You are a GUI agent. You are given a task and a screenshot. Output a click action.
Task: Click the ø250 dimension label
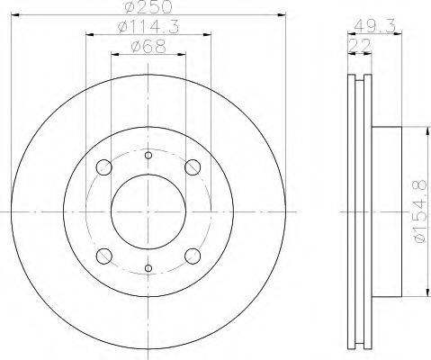pyautogui.click(x=148, y=6)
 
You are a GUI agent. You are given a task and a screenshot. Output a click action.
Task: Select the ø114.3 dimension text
pyautogui.click(x=148, y=27)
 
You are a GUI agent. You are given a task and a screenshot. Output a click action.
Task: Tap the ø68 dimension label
pyautogui.click(x=148, y=47)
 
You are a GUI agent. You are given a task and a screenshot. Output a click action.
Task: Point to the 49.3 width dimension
pyautogui.click(x=374, y=26)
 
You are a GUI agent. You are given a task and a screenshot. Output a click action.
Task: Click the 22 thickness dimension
pyautogui.click(x=360, y=46)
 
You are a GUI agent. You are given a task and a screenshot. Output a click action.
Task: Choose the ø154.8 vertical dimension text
pyautogui.click(x=418, y=211)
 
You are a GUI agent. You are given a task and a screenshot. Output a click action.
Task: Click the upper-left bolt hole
pyautogui.click(x=104, y=167)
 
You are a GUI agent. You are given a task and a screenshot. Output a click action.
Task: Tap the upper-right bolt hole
pyautogui.click(x=193, y=167)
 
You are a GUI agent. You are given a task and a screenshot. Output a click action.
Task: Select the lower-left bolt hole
pyautogui.click(x=104, y=256)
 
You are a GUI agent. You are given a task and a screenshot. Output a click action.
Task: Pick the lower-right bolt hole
pyautogui.click(x=193, y=256)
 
